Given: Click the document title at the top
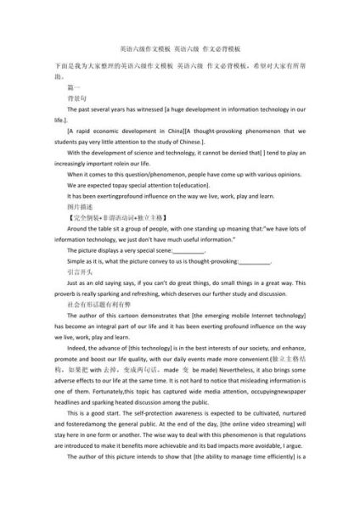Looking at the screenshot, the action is pyautogui.click(x=180, y=50).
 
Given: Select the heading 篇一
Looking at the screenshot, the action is pyautogui.click(x=73, y=87).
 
